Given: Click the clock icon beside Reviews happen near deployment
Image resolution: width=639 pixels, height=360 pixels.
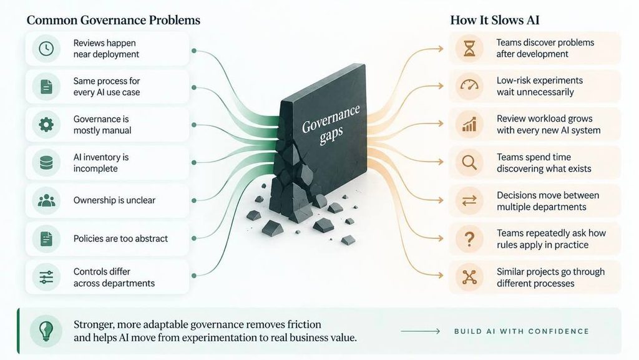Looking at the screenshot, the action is [x=46, y=49].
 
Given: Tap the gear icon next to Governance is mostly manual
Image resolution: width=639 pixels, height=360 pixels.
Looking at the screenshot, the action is [x=46, y=125].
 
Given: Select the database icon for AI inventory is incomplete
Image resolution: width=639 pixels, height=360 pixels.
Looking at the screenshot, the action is [x=46, y=162].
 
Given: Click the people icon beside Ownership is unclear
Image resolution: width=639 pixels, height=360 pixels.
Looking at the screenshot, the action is [x=46, y=200].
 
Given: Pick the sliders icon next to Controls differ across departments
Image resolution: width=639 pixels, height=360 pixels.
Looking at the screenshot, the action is [x=46, y=277].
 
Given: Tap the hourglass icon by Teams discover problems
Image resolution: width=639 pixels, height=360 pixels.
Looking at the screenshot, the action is [x=469, y=49].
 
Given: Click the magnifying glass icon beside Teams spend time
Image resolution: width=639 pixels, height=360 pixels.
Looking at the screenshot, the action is [x=469, y=162].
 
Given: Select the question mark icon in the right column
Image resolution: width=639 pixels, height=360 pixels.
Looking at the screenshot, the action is [x=469, y=238].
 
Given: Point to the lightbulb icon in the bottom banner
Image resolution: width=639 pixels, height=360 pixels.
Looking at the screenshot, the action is [x=46, y=331].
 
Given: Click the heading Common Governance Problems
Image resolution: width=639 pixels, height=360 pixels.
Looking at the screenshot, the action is [x=114, y=21].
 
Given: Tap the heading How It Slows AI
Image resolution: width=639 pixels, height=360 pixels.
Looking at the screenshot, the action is [x=495, y=21].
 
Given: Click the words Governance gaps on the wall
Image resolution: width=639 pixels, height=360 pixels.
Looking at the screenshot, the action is [x=331, y=124].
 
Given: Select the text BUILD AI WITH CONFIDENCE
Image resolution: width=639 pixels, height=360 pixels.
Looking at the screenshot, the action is [x=522, y=331].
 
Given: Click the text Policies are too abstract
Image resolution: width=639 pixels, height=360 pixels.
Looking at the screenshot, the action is [x=120, y=238].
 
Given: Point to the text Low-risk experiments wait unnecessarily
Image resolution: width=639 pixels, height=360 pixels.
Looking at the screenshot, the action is [x=540, y=86].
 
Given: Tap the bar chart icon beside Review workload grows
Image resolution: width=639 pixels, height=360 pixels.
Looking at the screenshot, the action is [x=469, y=125].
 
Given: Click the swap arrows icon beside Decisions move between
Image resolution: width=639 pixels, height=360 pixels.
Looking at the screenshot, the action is [x=469, y=200].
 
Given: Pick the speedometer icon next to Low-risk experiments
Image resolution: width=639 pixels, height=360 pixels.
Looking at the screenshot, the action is [x=469, y=85].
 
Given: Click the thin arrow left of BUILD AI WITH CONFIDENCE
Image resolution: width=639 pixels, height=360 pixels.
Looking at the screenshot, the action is [x=420, y=331].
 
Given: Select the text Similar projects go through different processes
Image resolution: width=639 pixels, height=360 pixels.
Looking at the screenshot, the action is [x=550, y=277].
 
